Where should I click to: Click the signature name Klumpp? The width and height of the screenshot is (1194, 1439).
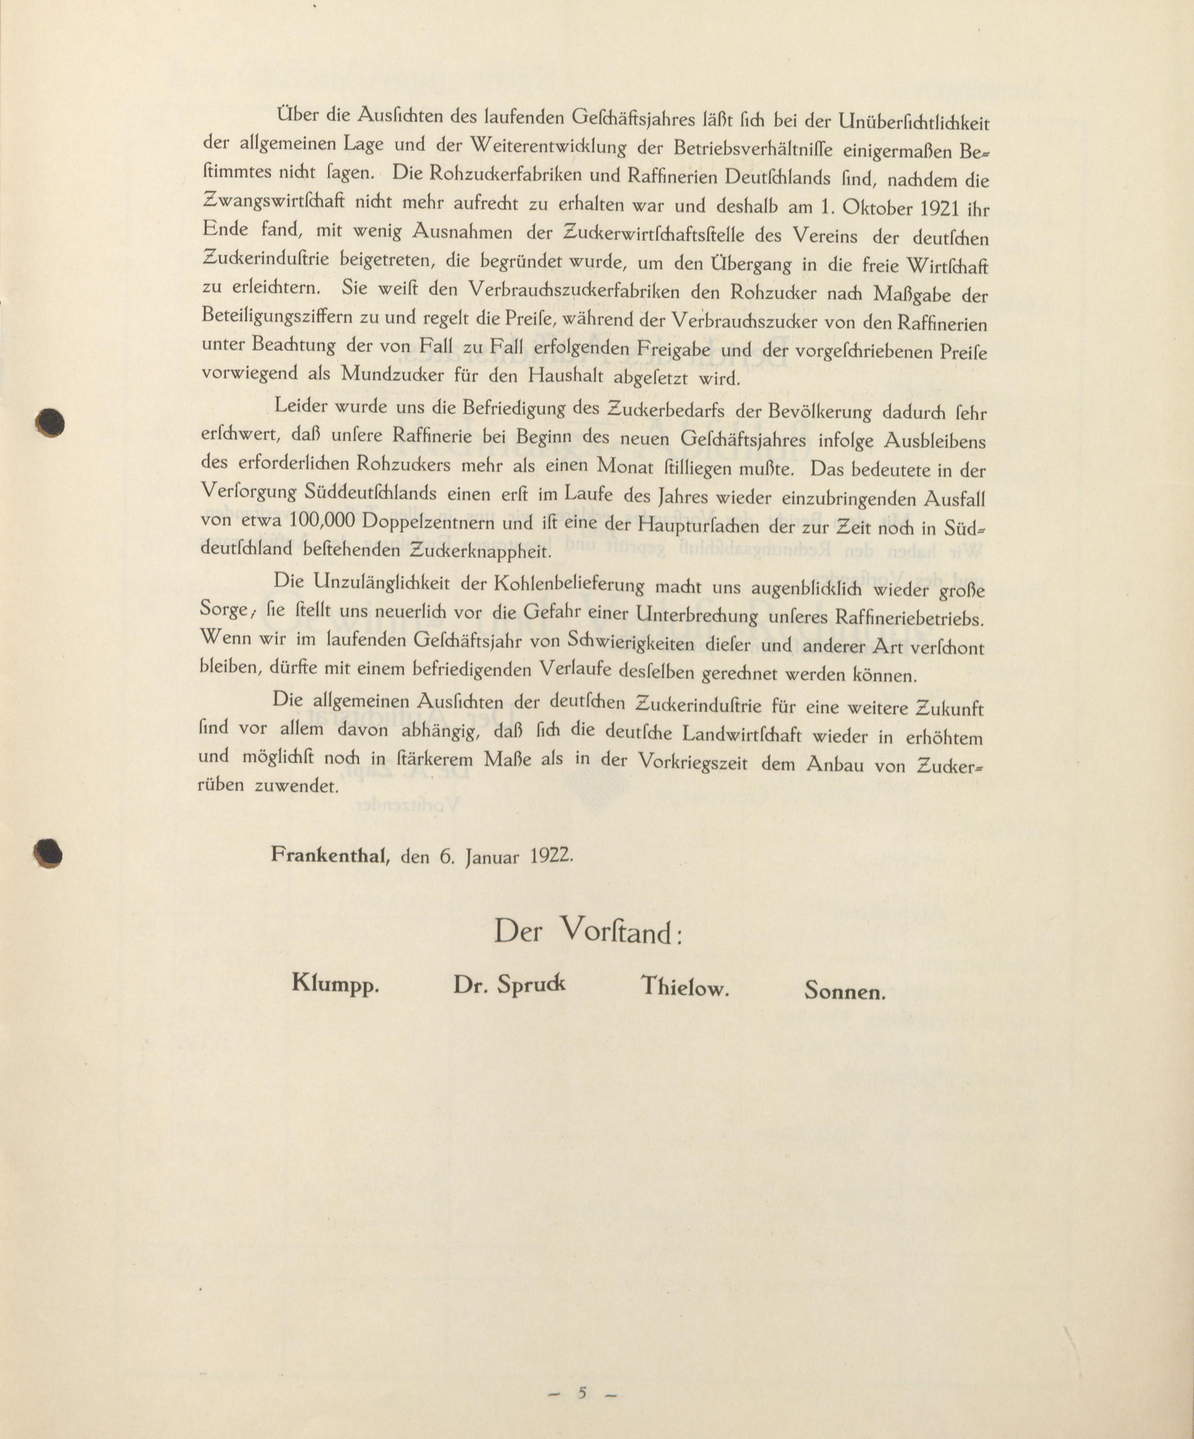[x=335, y=985]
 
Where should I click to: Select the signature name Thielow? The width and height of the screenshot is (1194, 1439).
[x=684, y=987]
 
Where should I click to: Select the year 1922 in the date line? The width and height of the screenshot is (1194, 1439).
[x=552, y=857]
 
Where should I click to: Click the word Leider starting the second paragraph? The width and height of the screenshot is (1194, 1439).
[x=299, y=406]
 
